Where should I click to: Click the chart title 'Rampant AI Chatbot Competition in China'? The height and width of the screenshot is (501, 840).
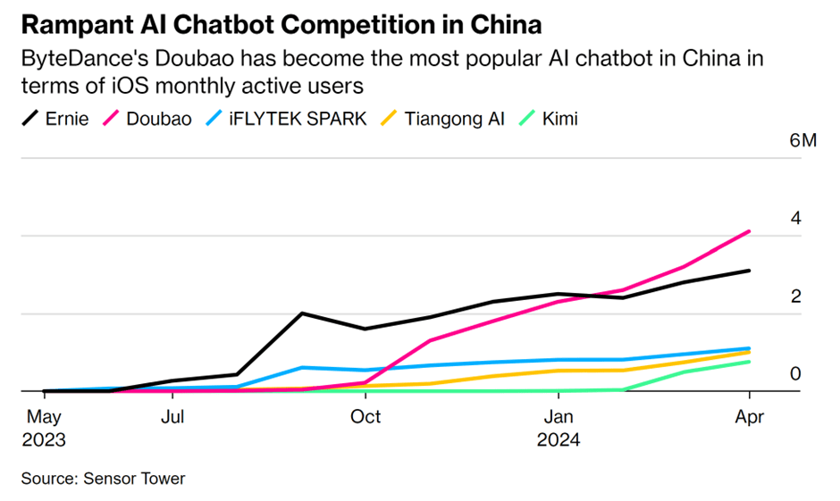pyautogui.click(x=281, y=22)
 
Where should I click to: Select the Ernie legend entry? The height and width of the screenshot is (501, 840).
pyautogui.click(x=55, y=118)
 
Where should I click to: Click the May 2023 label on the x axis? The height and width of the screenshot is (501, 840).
pyautogui.click(x=44, y=428)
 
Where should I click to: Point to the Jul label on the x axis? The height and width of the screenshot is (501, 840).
pyautogui.click(x=173, y=416)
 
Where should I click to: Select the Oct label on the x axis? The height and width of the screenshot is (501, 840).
pyautogui.click(x=365, y=416)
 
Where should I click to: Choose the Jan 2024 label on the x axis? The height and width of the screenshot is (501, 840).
pyautogui.click(x=559, y=428)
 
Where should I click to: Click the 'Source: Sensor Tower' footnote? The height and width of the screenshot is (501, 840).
pyautogui.click(x=103, y=479)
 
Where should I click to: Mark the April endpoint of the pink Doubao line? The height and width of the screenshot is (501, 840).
pyautogui.click(x=749, y=231)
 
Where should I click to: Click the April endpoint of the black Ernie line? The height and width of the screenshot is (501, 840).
pyautogui.click(x=749, y=271)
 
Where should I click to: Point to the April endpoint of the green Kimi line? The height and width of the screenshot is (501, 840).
pyautogui.click(x=749, y=362)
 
